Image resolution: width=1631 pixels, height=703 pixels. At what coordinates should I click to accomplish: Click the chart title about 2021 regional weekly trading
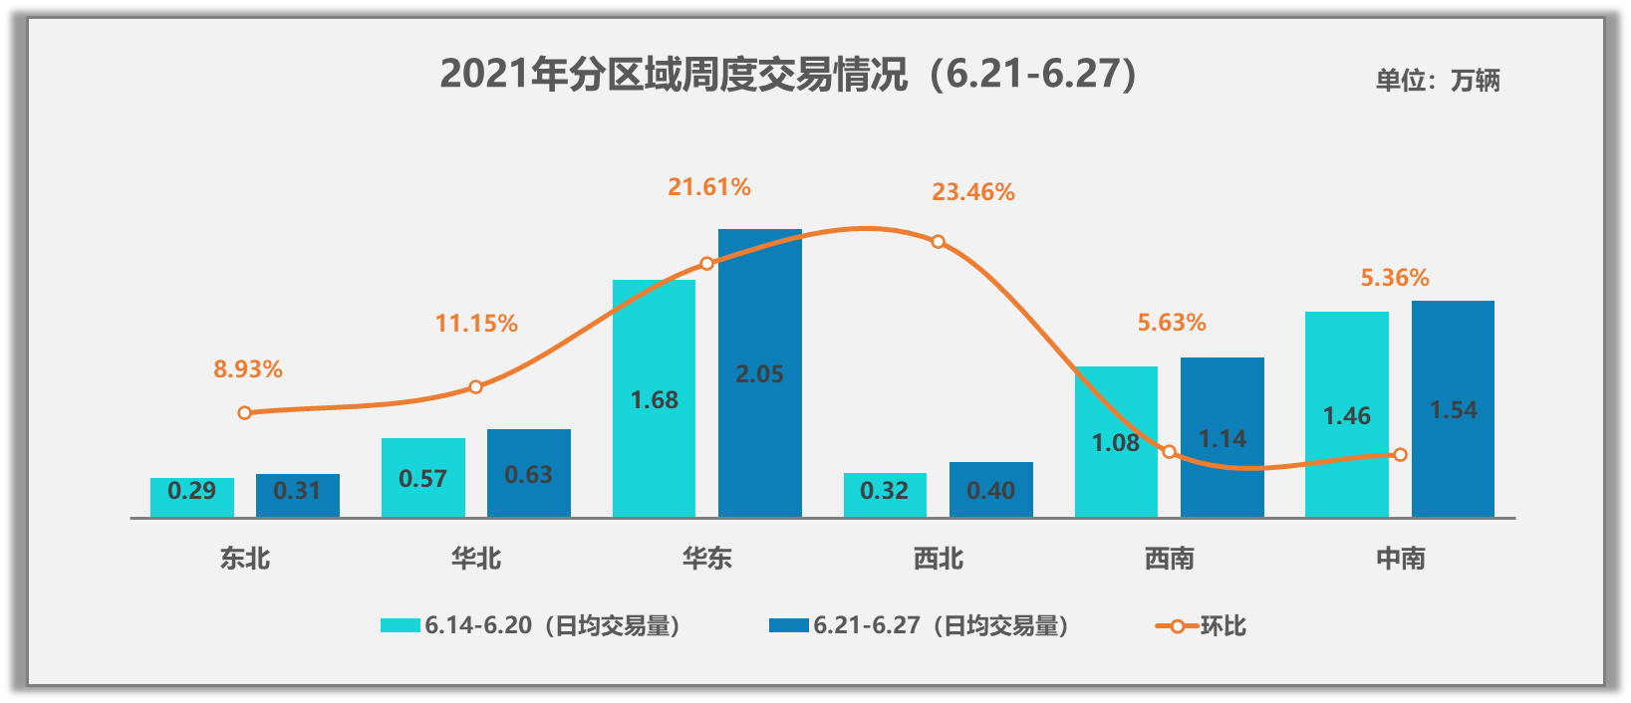click(787, 75)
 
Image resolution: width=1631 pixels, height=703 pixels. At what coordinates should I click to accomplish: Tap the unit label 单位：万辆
click(1438, 80)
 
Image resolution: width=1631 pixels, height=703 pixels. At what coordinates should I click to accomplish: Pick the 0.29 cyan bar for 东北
click(192, 497)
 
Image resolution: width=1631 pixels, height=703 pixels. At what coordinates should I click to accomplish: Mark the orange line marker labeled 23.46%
click(938, 242)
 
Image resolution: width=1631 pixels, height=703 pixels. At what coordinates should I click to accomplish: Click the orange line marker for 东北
click(245, 412)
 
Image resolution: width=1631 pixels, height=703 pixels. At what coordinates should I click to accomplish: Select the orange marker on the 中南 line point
click(1400, 454)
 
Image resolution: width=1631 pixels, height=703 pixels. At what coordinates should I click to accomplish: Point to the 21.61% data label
click(709, 187)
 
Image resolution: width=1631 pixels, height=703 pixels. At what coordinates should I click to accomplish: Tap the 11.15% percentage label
click(476, 324)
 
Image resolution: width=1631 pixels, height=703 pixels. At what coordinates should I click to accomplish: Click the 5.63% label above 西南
click(1172, 323)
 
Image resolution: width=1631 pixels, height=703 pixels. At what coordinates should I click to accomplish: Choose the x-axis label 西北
click(939, 559)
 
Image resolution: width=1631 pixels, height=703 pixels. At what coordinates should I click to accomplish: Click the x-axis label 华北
click(476, 559)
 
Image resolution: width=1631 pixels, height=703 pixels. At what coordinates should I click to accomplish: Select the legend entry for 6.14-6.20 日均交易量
click(531, 625)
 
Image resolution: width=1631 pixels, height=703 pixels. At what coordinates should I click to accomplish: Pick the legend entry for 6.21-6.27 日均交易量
click(920, 625)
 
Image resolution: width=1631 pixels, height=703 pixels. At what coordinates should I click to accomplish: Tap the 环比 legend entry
click(1202, 625)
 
